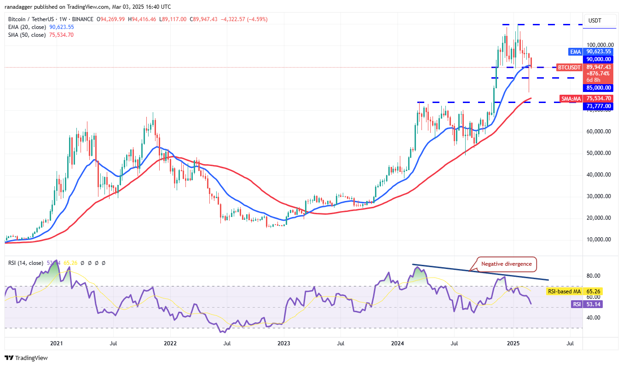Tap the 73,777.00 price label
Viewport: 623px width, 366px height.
coord(598,106)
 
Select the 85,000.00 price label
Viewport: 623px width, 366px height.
coord(598,88)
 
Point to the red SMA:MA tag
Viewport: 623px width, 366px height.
coord(572,98)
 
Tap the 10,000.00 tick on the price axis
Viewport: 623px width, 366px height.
coord(598,240)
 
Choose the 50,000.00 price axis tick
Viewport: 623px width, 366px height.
coord(598,153)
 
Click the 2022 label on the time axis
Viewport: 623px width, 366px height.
coord(170,343)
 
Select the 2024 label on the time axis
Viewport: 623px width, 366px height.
coord(398,343)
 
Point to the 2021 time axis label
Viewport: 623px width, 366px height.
coord(56,343)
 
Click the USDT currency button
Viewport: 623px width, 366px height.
coord(595,21)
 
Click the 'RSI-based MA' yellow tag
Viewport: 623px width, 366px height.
coord(564,292)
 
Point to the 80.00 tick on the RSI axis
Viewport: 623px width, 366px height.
coord(593,276)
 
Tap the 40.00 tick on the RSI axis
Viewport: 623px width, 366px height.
coord(593,318)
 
